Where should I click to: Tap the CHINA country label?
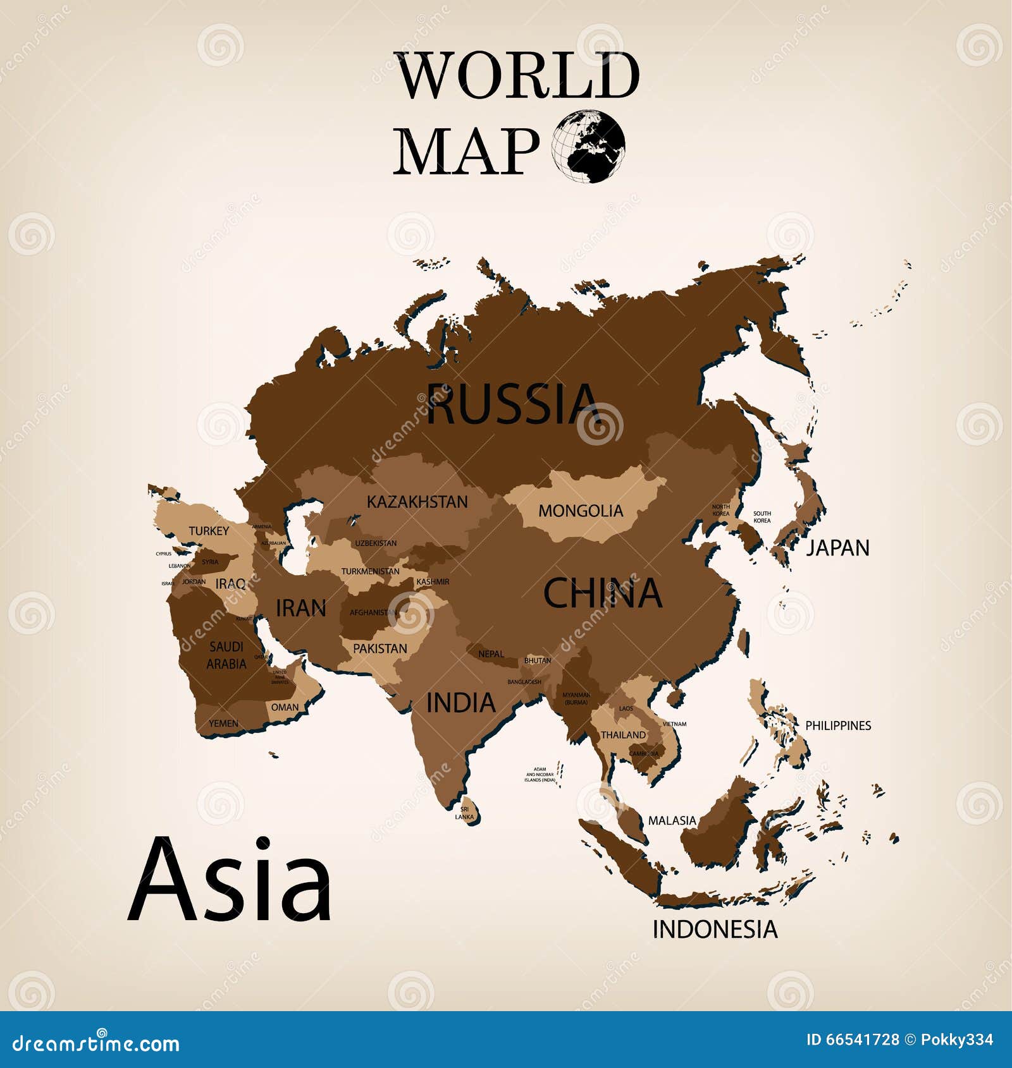pyautogui.click(x=602, y=593)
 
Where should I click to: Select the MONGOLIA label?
pyautogui.click(x=581, y=511)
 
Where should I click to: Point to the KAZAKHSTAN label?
pyautogui.click(x=417, y=502)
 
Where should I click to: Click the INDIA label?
pyautogui.click(x=460, y=703)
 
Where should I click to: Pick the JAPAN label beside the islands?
pyautogui.click(x=837, y=548)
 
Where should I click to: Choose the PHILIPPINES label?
pyautogui.click(x=837, y=725)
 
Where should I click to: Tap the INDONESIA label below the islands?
pyautogui.click(x=715, y=929)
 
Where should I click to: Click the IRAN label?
pyautogui.click(x=301, y=609)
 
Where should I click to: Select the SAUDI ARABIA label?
pyautogui.click(x=226, y=655)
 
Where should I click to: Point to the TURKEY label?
pyautogui.click(x=209, y=531)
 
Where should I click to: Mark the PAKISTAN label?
pyautogui.click(x=379, y=648)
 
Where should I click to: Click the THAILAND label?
pyautogui.click(x=623, y=735)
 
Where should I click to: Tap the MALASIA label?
pyautogui.click(x=672, y=820)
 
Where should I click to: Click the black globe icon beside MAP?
pyautogui.click(x=588, y=147)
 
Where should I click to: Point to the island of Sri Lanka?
pyautogui.click(x=469, y=813)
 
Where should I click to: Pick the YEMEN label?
pyautogui.click(x=224, y=724)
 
